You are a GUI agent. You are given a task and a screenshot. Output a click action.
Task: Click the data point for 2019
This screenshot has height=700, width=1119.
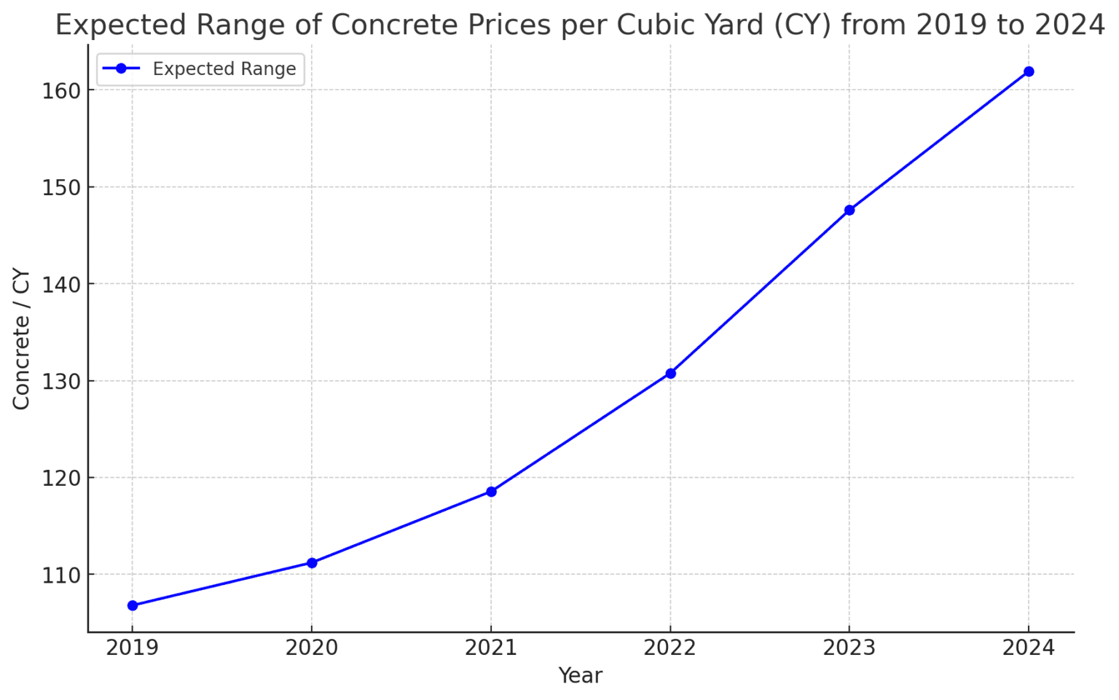(x=133, y=605)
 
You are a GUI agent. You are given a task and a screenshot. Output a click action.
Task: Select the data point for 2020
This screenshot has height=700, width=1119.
(x=312, y=562)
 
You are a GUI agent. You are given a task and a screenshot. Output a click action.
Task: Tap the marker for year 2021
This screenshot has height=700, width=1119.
(x=491, y=492)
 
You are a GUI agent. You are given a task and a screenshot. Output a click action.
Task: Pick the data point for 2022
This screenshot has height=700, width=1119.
(x=670, y=374)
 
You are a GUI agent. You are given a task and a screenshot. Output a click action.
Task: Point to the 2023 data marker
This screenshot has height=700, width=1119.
(x=849, y=210)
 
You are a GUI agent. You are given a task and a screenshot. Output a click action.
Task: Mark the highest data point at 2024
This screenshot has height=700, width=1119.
(x=1029, y=71)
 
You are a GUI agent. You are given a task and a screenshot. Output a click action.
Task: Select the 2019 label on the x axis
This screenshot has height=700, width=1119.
(x=133, y=648)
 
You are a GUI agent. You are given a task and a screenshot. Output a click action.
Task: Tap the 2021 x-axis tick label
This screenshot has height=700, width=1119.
(x=491, y=648)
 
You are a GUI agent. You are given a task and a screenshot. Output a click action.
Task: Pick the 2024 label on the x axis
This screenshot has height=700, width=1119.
(x=1029, y=648)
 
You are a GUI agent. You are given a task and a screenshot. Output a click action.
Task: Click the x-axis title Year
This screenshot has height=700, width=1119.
(x=580, y=676)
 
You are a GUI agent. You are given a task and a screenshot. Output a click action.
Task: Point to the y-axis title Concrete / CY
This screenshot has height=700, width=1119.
(x=21, y=339)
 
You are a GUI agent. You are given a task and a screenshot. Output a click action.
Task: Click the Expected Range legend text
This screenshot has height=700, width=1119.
(x=224, y=69)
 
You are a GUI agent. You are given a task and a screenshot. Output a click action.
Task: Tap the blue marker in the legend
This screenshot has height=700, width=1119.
(x=121, y=68)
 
